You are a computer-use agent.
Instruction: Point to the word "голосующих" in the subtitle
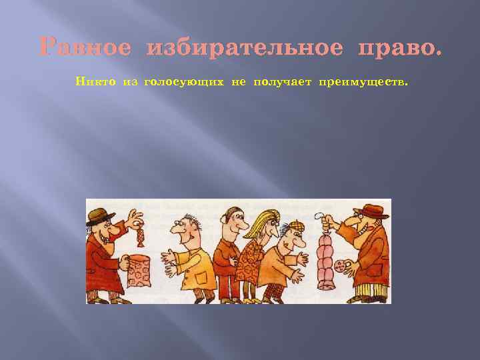pyautogui.click(x=185, y=82)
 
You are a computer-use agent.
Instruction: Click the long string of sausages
pyautogui.click(x=326, y=260)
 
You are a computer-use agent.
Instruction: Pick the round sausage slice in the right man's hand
pyautogui.click(x=344, y=265)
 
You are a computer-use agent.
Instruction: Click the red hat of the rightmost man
pyautogui.click(x=371, y=211)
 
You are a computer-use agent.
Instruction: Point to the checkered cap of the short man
pyautogui.click(x=291, y=227)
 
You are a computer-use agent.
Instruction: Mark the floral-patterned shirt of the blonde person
pyautogui.click(x=253, y=260)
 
